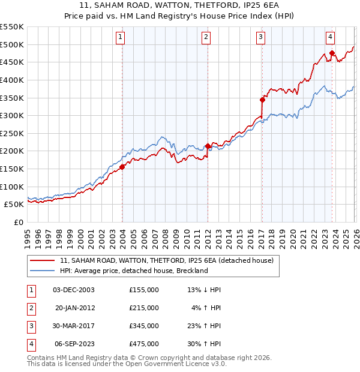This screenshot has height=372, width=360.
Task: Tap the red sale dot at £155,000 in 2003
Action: click(x=122, y=167)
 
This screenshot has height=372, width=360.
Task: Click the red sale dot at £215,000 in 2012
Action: click(x=208, y=146)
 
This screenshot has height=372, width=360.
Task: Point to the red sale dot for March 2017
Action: click(x=262, y=100)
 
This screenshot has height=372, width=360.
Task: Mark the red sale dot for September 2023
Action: click(x=331, y=53)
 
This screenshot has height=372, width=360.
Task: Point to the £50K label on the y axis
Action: click(x=14, y=205)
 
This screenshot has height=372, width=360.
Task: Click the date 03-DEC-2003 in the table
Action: click(x=74, y=290)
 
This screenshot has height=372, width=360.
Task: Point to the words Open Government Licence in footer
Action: click(x=167, y=364)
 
